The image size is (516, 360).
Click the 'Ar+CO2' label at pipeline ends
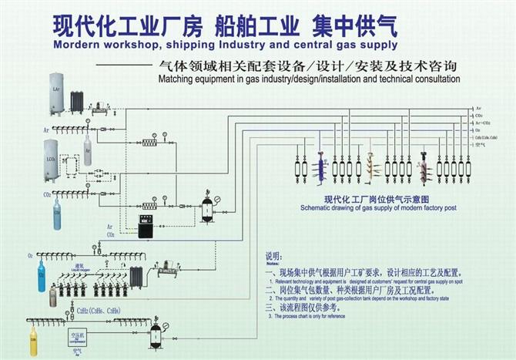483,123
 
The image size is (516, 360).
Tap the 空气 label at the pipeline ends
480,145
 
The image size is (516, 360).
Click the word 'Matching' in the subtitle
176,79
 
